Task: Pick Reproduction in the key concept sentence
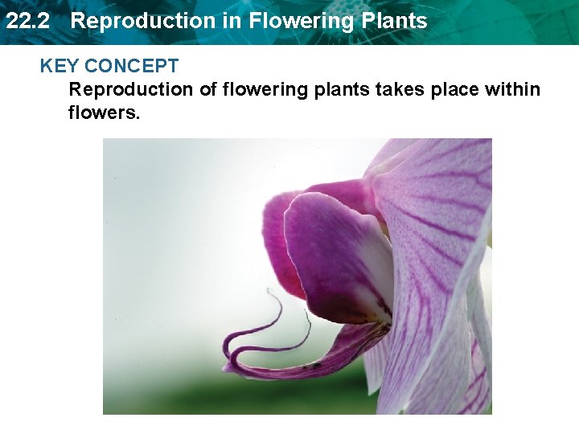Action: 131,89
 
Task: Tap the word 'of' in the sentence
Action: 208,89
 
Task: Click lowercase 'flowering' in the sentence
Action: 265,89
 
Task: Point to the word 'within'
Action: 513,89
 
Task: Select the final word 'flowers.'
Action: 105,112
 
